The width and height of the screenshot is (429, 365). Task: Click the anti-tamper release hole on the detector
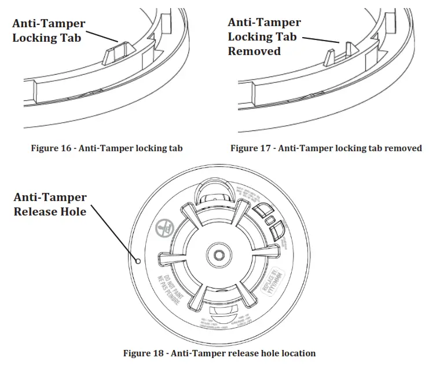[138, 261]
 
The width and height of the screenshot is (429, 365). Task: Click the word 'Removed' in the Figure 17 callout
[254, 51]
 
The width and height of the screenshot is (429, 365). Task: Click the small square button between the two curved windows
[269, 220]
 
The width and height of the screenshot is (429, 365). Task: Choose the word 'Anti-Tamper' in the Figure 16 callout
[49, 24]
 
